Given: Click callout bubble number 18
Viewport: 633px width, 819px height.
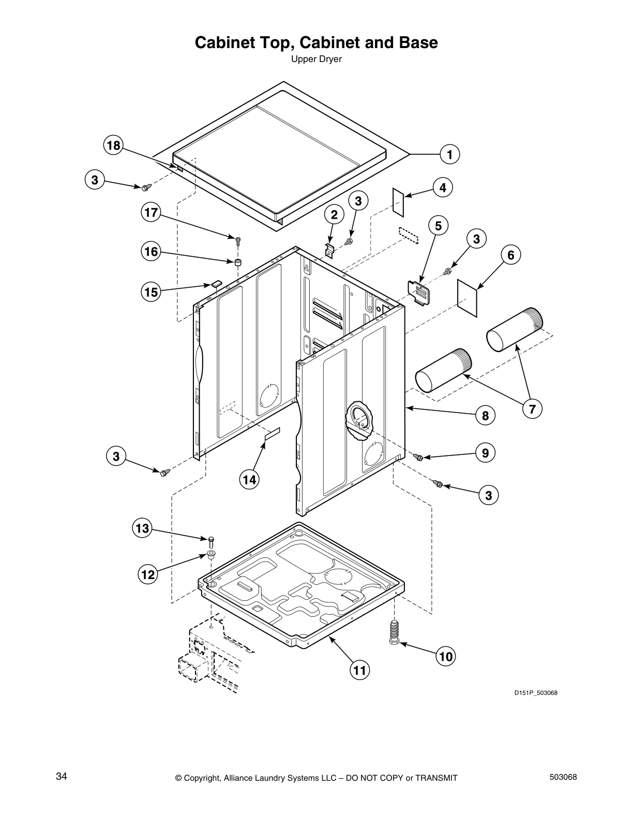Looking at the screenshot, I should click(113, 146).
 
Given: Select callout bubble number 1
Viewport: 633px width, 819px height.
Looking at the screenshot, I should click(450, 154).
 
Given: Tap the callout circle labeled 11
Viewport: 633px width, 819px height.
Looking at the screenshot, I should click(359, 671).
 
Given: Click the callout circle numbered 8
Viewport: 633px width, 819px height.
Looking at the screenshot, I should click(485, 415).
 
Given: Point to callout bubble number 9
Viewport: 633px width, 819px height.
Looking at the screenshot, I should click(485, 453).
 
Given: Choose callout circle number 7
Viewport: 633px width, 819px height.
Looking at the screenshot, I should click(532, 409).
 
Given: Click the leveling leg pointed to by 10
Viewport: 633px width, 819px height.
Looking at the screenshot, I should click(394, 632).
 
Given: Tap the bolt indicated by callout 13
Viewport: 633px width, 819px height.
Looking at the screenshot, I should click(211, 542).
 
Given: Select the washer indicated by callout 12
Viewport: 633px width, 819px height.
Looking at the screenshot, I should click(210, 555).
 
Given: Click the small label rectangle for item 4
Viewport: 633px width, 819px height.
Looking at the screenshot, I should click(398, 201).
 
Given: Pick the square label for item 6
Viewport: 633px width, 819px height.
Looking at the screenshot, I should click(468, 298).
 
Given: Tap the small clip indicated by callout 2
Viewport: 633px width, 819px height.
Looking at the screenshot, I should click(329, 249).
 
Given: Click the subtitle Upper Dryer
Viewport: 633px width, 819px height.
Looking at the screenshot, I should click(316, 59).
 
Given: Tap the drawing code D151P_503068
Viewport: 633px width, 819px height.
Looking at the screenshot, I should click(535, 693).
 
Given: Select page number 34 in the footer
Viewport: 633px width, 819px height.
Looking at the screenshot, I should click(61, 776).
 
